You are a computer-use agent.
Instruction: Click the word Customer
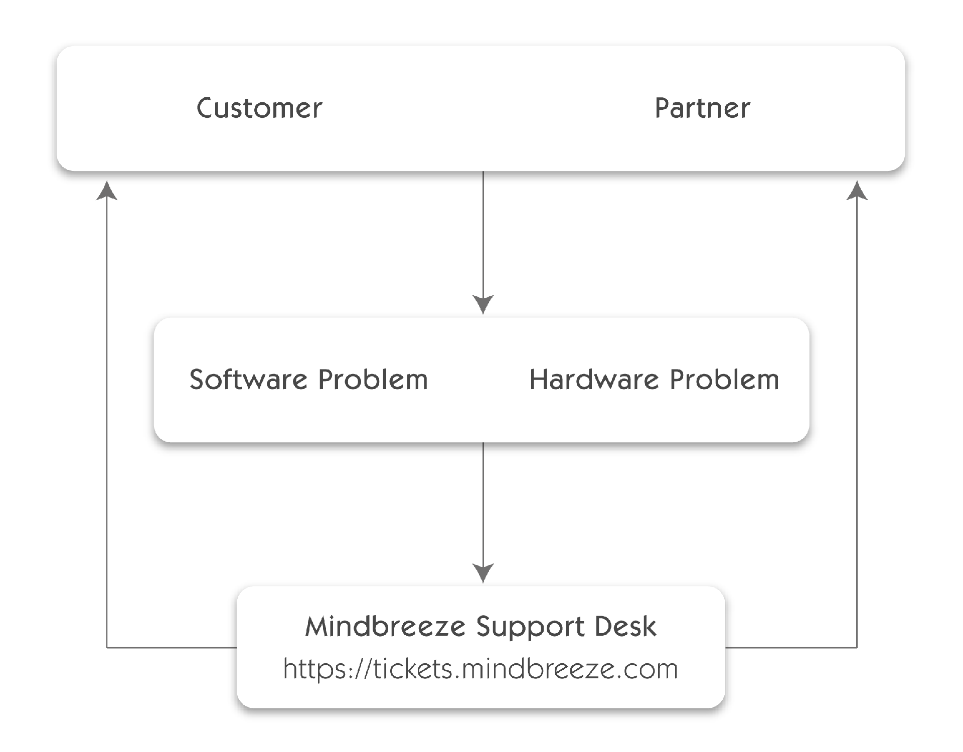[x=259, y=108]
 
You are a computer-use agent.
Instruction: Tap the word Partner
[x=702, y=108]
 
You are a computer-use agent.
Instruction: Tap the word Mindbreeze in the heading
[x=385, y=626]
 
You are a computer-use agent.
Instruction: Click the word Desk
[x=625, y=626]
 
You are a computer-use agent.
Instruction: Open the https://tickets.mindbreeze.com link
[x=480, y=669]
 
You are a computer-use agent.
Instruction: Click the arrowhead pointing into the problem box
[x=483, y=304]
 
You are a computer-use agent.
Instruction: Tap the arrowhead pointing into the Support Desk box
[x=483, y=573]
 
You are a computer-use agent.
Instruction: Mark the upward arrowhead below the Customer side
[x=107, y=191]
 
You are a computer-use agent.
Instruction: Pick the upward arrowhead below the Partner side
[x=857, y=191]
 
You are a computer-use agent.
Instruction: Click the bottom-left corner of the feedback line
[x=107, y=648]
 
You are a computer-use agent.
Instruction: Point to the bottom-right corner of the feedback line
[x=857, y=648]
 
